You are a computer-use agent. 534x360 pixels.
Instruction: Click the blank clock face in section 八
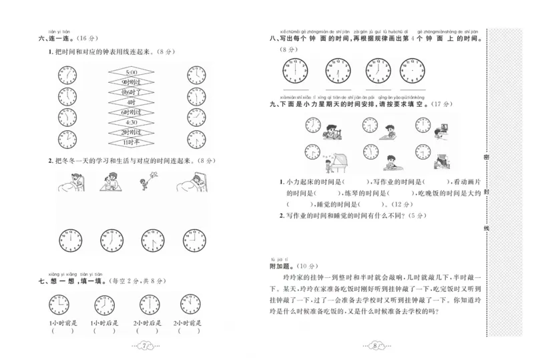(413, 70)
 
